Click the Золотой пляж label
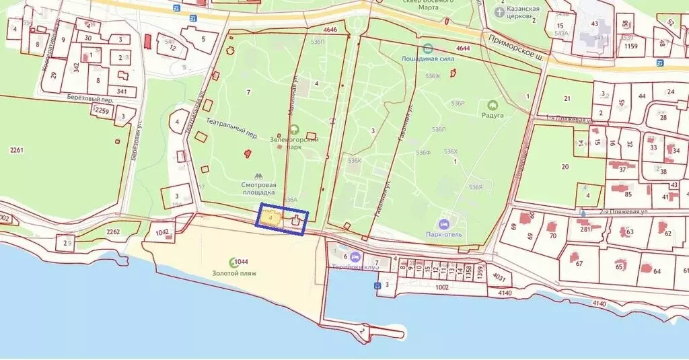click(x=235, y=274)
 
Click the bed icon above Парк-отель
click(x=443, y=223)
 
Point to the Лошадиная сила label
click(x=429, y=59)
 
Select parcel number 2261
click(x=17, y=150)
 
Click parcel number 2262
click(x=113, y=233)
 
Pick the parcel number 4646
click(x=330, y=30)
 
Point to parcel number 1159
click(x=630, y=46)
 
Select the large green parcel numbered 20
click(x=565, y=167)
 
